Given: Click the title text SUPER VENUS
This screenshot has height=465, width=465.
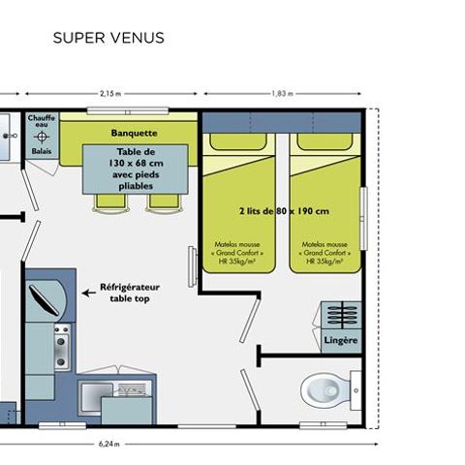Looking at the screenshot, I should coord(108,39).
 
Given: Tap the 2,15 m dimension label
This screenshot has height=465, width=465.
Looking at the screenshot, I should coord(110,94).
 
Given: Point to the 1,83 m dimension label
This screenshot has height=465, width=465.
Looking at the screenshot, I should coord(283,94).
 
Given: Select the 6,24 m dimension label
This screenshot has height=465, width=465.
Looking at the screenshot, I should coord(110,445).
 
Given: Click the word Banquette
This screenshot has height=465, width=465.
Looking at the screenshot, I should coord(135,133).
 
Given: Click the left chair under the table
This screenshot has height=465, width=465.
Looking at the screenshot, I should coord(104,201).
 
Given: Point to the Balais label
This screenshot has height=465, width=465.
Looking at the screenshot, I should coord(42,151).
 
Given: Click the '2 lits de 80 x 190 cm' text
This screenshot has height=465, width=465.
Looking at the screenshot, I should coord(283,210).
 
